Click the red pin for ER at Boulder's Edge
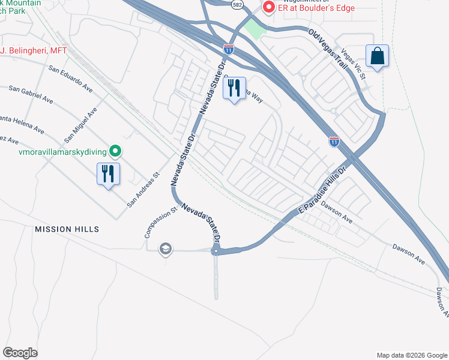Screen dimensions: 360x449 click(268, 8)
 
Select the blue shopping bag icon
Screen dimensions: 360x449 click(377, 57)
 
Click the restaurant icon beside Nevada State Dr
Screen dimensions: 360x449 click(234, 89)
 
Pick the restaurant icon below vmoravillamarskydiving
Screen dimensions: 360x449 click(108, 175)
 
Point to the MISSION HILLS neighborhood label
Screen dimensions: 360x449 click(67, 229)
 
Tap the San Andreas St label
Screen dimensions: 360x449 click(143, 191)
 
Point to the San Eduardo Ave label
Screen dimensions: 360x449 click(71, 78)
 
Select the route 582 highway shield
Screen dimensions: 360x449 click(237, 4)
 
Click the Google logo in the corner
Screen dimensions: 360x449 click(20, 353)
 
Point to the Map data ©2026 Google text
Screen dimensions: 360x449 click(411, 355)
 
